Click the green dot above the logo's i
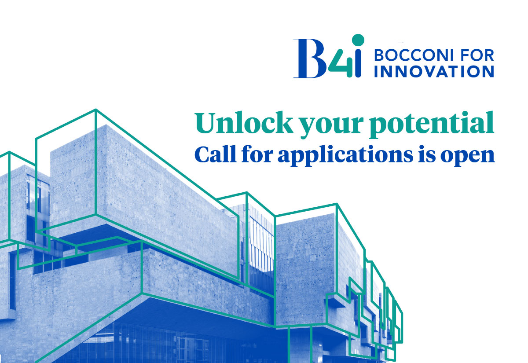[358, 40]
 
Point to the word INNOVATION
[434, 71]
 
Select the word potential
[432, 125]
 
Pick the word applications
[345, 156]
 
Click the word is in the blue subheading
[427, 154]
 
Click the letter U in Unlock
[206, 123]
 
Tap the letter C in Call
[203, 154]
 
